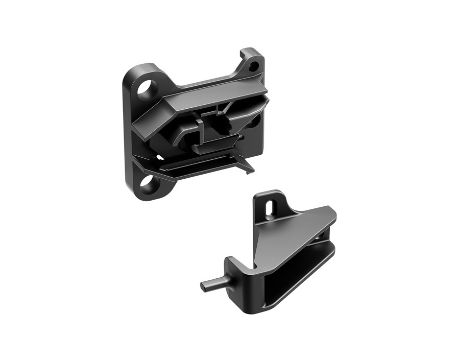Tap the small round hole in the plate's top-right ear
(253, 66)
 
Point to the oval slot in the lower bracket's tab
(269, 207)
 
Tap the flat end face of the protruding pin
(203, 286)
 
